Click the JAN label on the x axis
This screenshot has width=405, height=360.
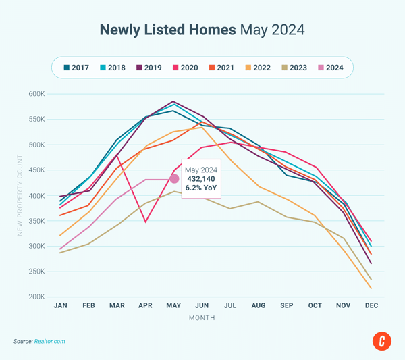(x=61, y=306)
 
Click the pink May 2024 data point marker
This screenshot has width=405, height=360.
(x=174, y=179)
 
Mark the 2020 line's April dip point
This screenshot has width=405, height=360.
(x=146, y=222)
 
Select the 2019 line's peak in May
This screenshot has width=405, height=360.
(x=174, y=101)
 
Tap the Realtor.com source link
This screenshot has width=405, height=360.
(x=50, y=342)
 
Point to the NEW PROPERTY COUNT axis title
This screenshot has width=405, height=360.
(x=20, y=196)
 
